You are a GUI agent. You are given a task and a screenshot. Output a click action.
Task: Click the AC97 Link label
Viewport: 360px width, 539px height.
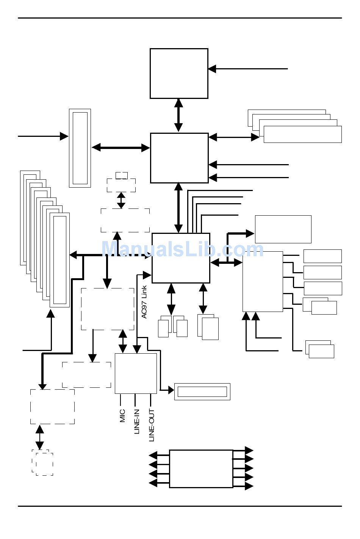(144, 302)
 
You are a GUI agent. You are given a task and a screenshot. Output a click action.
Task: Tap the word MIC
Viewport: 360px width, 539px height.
(122, 416)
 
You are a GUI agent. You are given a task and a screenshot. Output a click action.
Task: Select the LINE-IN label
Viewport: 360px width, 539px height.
(137, 421)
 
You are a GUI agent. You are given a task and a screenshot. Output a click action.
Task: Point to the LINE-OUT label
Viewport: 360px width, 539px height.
(152, 425)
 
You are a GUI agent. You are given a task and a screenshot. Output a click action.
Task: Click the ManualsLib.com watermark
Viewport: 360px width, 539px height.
(182, 250)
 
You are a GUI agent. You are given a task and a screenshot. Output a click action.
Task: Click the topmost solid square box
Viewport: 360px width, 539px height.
(179, 74)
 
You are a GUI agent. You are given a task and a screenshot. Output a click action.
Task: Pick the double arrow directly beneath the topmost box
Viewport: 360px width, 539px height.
(178, 115)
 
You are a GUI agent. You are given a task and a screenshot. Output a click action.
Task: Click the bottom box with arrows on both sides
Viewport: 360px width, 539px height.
(201, 468)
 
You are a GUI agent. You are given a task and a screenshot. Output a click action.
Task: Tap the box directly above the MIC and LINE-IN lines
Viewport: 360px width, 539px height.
(136, 373)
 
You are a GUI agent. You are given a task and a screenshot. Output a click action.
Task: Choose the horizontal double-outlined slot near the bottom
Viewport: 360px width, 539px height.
(202, 392)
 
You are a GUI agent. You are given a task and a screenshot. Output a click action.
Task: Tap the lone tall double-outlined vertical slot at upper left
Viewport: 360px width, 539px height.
(80, 148)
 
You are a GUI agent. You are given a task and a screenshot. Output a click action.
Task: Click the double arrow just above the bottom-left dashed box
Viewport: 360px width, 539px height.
(40, 437)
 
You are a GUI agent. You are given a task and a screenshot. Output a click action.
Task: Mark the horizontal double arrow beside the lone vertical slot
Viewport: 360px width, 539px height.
(121, 148)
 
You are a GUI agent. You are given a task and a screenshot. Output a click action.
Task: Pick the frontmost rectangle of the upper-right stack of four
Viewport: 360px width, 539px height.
(302, 135)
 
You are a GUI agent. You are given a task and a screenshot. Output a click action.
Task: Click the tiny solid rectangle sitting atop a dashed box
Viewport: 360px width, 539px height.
(122, 175)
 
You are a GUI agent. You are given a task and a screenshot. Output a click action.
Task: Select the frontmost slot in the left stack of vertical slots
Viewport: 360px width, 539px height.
(60, 260)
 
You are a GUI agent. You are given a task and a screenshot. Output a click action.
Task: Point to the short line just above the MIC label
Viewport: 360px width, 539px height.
(121, 400)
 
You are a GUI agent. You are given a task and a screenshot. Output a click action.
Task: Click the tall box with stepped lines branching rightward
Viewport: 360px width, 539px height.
(263, 281)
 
